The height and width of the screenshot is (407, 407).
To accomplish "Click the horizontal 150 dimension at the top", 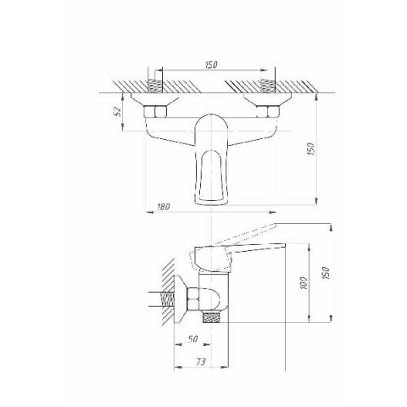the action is (x=211, y=64).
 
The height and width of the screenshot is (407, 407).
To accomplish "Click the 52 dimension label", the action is (x=119, y=112).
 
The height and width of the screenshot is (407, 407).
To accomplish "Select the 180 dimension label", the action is (x=163, y=207).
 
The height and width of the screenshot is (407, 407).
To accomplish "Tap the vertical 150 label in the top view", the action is (x=310, y=148).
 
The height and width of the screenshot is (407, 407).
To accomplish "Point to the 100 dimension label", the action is (x=304, y=283).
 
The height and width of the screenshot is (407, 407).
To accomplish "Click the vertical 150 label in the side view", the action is (x=326, y=273).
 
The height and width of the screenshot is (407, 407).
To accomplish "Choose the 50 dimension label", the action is (x=192, y=338).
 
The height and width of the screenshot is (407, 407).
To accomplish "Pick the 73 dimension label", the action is (x=201, y=361).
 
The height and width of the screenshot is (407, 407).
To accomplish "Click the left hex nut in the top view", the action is (x=155, y=111).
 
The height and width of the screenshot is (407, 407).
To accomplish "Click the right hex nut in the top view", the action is (x=268, y=111).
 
